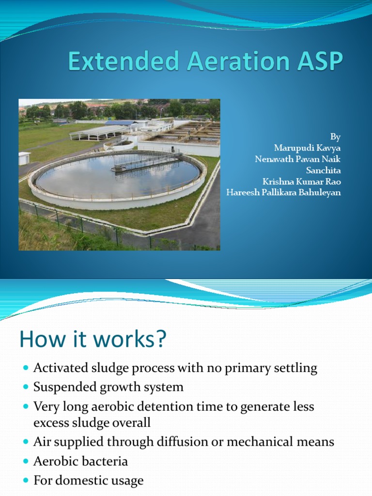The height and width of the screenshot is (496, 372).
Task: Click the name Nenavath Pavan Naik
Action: click(298, 159)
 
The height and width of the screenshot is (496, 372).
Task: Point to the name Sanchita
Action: click(323, 170)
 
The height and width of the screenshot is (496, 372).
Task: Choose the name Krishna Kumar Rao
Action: click(301, 181)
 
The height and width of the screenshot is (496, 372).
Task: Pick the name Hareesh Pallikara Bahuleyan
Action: click(284, 192)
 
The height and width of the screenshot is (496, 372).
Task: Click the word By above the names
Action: click(336, 137)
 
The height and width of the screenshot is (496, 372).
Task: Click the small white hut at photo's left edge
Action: click(24, 158)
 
